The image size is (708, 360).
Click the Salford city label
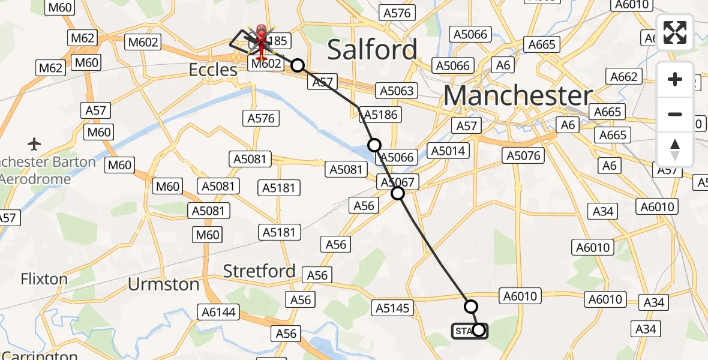coord(372,50)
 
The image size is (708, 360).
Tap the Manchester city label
coord(518,96)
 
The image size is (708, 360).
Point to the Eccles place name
coord(213,70)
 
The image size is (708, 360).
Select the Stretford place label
coord(259,271)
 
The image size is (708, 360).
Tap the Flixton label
coord(44,279)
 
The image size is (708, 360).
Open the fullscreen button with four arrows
coord(675,32)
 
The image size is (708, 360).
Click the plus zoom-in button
coord(675,80)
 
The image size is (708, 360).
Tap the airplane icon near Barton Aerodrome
coord(34,144)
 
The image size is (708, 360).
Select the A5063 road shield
coord(396,91)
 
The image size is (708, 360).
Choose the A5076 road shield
coord(524,156)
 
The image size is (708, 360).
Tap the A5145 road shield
coord(393,308)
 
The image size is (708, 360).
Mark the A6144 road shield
coord(219,311)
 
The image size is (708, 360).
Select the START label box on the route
coord(464,331)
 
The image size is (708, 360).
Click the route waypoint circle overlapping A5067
coord(397,193)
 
